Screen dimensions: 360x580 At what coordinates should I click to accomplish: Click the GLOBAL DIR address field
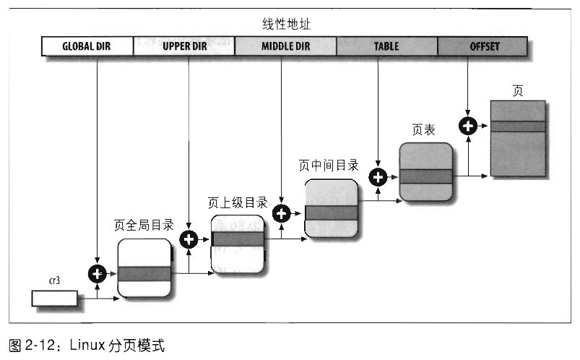pyautogui.click(x=87, y=47)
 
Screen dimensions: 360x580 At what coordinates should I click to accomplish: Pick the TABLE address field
pyautogui.click(x=386, y=47)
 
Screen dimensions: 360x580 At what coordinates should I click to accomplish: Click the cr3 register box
pyautogui.click(x=54, y=297)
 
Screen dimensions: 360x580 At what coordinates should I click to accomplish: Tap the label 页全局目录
pyautogui.click(x=144, y=225)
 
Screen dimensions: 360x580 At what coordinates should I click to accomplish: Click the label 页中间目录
pyautogui.click(x=329, y=166)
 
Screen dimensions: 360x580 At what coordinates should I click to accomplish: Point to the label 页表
pyautogui.click(x=423, y=131)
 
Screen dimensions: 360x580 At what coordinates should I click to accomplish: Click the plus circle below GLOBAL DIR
pyautogui.click(x=97, y=273)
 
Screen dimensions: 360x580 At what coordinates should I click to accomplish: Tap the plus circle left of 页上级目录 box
pyautogui.click(x=189, y=239)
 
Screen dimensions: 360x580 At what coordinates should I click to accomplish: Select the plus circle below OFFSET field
pyautogui.click(x=468, y=126)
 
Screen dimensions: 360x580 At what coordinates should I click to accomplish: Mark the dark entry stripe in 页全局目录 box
pyautogui.click(x=144, y=273)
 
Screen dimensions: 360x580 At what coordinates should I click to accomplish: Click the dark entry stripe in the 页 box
pyautogui.click(x=517, y=127)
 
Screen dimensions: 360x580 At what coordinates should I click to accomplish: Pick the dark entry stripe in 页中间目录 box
pyautogui.click(x=332, y=213)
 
